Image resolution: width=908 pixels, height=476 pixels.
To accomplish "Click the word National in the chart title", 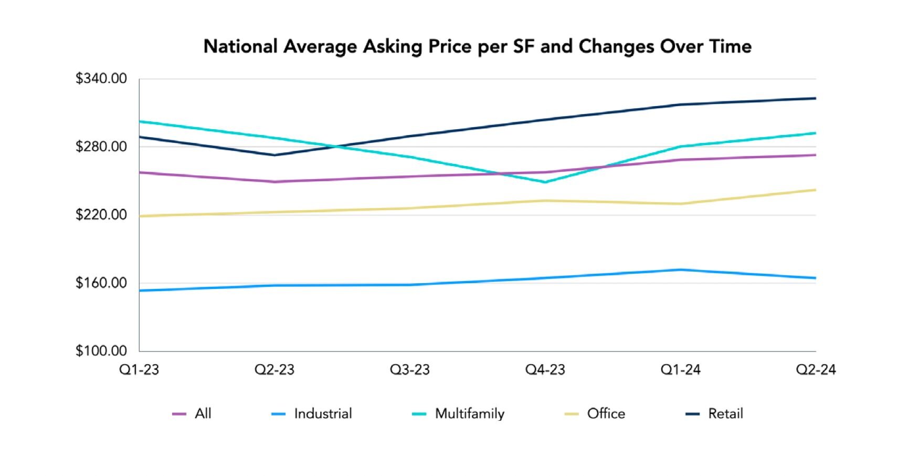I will [x=240, y=47].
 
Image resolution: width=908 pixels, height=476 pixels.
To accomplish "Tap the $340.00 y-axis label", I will [x=101, y=79].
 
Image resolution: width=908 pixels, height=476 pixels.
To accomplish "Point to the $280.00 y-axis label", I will [x=101, y=147].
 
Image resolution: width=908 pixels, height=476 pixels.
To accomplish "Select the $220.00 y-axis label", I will [x=101, y=215].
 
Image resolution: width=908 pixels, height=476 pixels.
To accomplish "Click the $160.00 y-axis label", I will [x=101, y=283].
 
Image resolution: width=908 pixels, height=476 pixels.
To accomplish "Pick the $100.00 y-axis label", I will [x=101, y=351].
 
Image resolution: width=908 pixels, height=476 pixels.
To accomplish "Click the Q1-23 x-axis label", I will [x=139, y=370].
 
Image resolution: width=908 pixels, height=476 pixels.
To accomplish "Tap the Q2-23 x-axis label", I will [x=274, y=370].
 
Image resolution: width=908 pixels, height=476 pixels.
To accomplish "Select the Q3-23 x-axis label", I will [x=410, y=370].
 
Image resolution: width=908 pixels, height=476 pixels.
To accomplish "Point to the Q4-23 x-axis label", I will [x=545, y=370].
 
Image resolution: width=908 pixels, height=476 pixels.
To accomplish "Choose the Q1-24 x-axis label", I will [x=681, y=370].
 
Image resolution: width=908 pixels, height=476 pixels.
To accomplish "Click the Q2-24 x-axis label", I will [x=816, y=370].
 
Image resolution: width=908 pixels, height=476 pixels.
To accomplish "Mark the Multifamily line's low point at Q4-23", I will [x=545, y=182].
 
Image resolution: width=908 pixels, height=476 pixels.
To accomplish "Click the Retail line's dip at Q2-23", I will [x=274, y=155].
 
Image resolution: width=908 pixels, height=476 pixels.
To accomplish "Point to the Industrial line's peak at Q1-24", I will [x=681, y=270].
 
